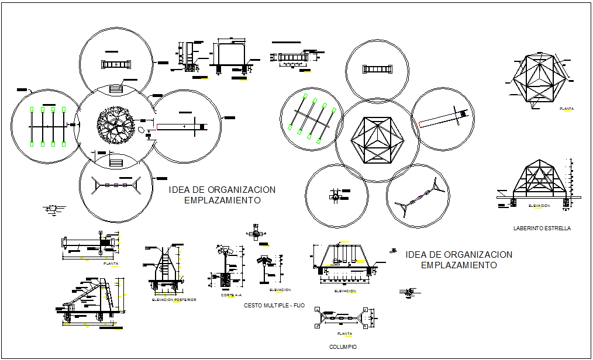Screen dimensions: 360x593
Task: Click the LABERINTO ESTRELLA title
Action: pyautogui.click(x=541, y=229)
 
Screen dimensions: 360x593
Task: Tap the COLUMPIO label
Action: pyautogui.click(x=342, y=347)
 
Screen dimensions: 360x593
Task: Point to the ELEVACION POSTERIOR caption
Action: pyautogui.click(x=174, y=300)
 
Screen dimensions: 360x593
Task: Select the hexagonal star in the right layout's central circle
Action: pyautogui.click(x=377, y=140)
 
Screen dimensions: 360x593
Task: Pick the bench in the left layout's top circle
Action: pyautogui.click(x=116, y=65)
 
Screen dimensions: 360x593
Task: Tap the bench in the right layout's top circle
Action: pyautogui.click(x=377, y=69)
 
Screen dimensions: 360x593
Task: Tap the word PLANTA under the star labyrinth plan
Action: pyautogui.click(x=566, y=109)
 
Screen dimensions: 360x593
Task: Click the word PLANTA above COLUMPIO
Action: pyautogui.click(x=345, y=334)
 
